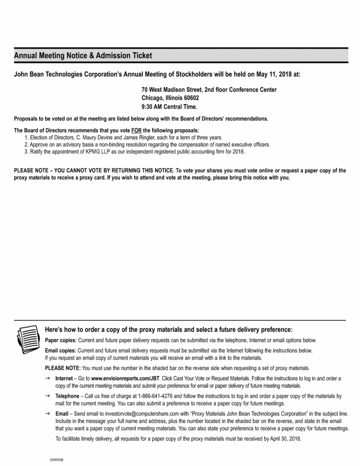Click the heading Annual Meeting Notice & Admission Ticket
tap(83, 56)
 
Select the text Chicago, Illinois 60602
tap(170, 98)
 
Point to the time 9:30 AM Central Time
tap(169, 106)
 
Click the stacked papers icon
tap(26, 339)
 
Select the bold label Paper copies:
tap(60, 340)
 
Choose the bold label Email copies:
tap(60, 351)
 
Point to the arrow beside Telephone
tap(48, 396)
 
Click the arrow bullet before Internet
tap(48, 379)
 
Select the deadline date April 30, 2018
tap(284, 439)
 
